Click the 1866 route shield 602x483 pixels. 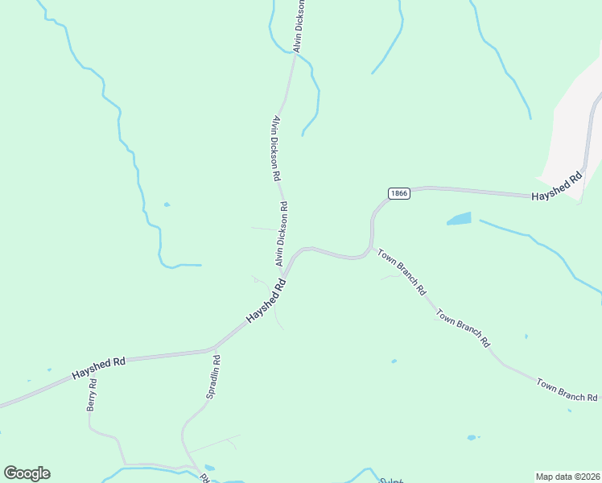point(398,193)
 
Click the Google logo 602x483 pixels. point(27,473)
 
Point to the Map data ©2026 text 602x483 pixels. point(568,477)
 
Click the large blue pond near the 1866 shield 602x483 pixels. point(458,219)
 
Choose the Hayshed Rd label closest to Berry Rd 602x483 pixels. point(98,369)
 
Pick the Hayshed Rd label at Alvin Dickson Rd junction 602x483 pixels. point(266,302)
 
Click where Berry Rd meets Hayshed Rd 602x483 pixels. point(88,374)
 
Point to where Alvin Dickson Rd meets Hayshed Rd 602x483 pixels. point(284,275)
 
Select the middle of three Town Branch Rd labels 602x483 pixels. point(463,327)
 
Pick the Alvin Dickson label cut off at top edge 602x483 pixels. point(299,26)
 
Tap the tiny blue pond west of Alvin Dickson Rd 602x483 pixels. point(167,204)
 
